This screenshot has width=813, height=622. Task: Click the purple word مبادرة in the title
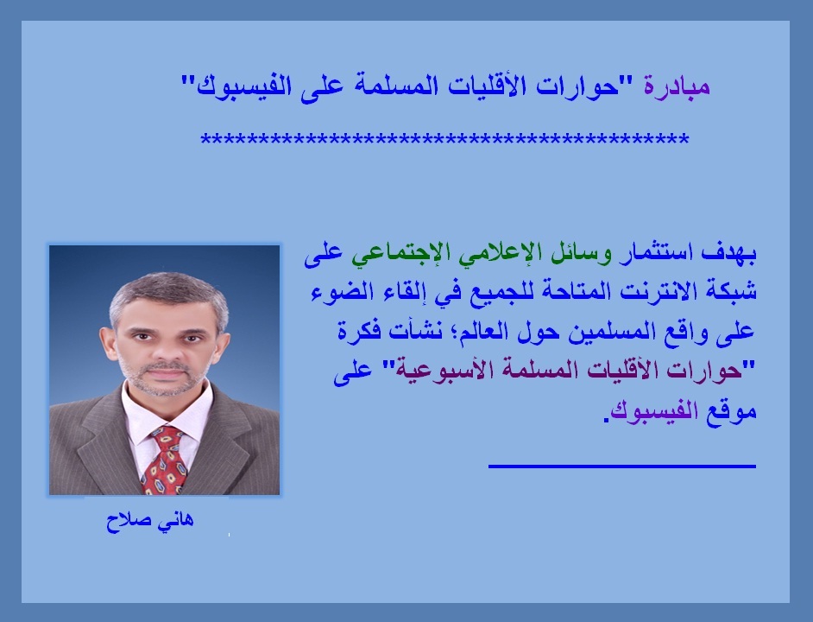click(677, 86)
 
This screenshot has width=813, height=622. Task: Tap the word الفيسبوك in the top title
click(244, 86)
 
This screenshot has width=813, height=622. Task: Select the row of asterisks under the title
click(444, 140)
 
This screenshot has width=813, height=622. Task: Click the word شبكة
click(732, 292)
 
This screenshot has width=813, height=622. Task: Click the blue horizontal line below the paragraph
click(622, 466)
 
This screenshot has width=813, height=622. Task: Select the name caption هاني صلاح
click(150, 520)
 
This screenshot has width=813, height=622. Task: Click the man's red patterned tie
click(164, 460)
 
